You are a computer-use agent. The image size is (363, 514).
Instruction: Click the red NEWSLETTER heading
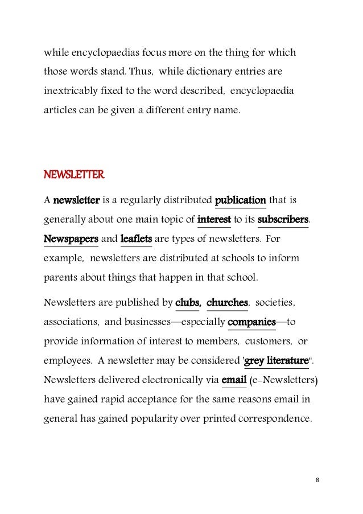[x=74, y=175]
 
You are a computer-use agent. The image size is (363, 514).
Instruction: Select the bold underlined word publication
[x=241, y=200]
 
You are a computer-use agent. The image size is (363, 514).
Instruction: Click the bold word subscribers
[x=283, y=219]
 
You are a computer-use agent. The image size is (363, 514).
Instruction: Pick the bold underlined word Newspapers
[x=71, y=239]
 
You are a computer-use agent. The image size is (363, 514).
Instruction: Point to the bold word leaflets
[x=136, y=239]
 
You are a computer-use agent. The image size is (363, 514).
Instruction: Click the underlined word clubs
[x=187, y=303]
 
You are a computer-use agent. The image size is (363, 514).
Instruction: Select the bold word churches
[x=227, y=303]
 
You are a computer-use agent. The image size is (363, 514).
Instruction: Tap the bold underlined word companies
[x=251, y=322]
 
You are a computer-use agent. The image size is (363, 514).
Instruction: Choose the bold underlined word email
[x=233, y=380]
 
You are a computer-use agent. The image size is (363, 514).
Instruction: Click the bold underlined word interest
[x=214, y=219]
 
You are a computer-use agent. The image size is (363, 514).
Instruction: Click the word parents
[x=60, y=278]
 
